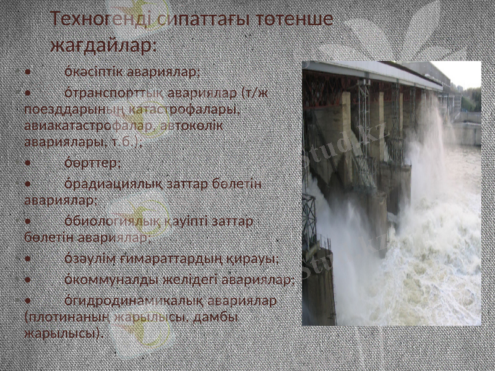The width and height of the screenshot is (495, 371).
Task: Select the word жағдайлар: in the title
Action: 103,46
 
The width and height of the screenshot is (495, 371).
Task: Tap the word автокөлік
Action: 192,126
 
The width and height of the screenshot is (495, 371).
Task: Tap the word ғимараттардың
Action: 170,258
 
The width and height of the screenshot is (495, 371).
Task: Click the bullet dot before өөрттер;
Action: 28,164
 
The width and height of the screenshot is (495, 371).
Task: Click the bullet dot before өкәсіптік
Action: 28,72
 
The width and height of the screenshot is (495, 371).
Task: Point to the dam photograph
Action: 391,193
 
